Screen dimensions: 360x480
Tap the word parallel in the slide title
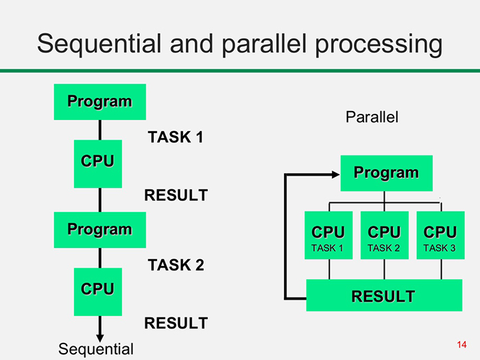coord(259,45)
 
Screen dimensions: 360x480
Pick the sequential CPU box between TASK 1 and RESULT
coord(98,163)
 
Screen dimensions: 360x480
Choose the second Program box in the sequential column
coord(100,230)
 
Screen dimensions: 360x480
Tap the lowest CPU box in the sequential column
coord(98,291)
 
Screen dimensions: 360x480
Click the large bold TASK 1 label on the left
coord(176,137)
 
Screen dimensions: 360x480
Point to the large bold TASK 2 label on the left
coord(176,265)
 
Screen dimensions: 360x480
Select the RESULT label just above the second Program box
coord(176,195)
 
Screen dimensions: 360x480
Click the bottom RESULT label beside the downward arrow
coord(176,323)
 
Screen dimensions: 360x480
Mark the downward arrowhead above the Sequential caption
coord(100,335)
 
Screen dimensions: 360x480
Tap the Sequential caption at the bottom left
coord(97,349)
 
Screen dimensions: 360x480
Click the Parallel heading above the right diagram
coord(372,117)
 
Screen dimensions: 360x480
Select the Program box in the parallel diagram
coord(386,173)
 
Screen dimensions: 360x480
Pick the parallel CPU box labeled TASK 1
coord(328,235)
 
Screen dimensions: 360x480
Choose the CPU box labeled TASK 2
coord(384,235)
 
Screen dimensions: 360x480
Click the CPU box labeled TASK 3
coord(440,235)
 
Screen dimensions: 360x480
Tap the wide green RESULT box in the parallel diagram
coord(383,296)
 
